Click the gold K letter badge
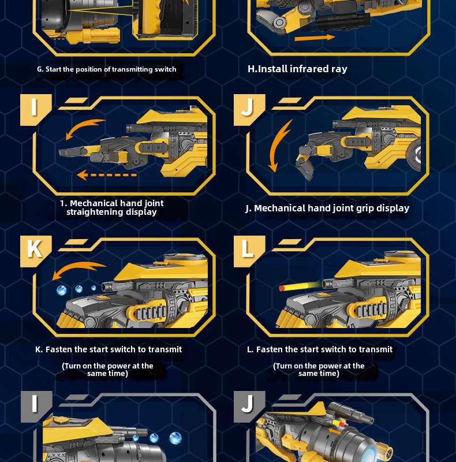35,251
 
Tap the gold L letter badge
249,251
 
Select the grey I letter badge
36,407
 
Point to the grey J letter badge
249,407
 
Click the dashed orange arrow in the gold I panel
107,175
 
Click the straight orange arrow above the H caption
315,38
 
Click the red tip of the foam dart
281,288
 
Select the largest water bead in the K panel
62,290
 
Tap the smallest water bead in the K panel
94,288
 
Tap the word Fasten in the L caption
269,349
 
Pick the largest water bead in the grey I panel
175,438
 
